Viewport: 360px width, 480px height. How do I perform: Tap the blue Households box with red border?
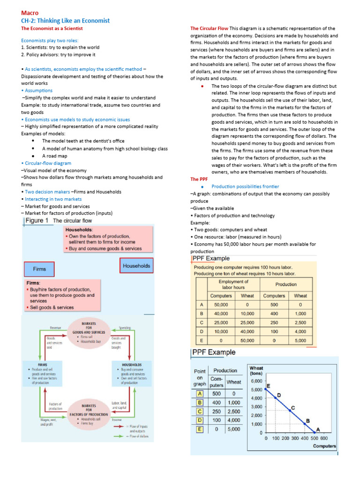click(x=136, y=266)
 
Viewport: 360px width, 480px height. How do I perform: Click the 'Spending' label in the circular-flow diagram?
click(x=125, y=328)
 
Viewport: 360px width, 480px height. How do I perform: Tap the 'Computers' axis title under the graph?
click(x=324, y=446)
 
